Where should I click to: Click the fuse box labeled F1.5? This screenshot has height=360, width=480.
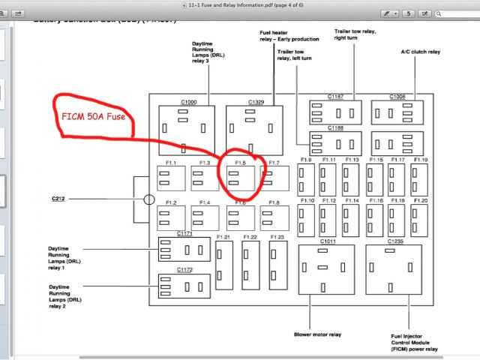[240, 178]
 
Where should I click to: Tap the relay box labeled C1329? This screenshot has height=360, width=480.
[255, 130]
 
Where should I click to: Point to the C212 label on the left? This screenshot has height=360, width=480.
[59, 199]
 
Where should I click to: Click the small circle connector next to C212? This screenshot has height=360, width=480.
[149, 199]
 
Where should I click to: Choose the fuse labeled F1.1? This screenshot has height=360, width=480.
[172, 178]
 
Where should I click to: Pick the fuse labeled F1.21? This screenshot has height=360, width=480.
[223, 265]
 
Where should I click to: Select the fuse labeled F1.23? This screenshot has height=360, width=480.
[277, 265]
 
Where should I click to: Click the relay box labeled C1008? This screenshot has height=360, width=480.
[397, 113]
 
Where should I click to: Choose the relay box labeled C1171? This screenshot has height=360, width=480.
[184, 249]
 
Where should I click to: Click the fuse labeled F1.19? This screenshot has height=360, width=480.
[419, 180]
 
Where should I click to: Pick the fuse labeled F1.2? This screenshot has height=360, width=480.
[172, 218]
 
